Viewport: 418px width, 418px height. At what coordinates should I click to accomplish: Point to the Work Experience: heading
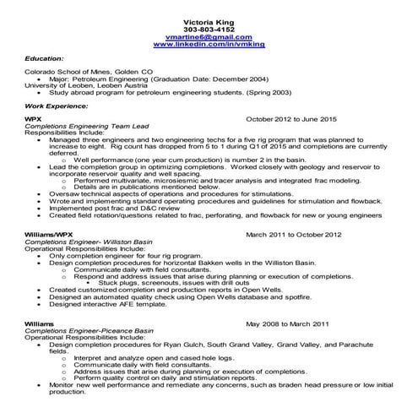tap(53, 107)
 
